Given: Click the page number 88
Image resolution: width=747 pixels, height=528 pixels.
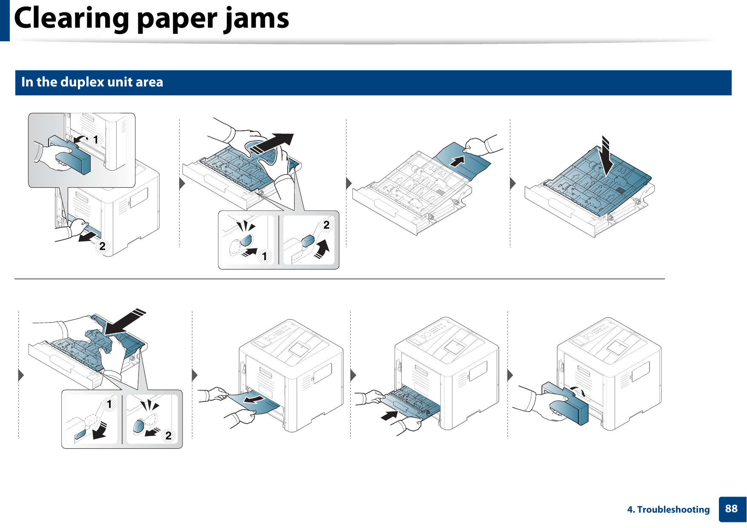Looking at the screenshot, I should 731,509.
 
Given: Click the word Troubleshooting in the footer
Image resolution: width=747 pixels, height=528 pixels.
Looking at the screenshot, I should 673,510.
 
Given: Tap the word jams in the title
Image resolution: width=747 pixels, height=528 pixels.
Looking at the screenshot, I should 257,19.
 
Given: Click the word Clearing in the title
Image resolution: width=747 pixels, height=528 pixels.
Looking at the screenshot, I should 72,19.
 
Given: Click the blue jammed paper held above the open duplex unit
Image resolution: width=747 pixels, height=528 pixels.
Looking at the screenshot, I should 462,162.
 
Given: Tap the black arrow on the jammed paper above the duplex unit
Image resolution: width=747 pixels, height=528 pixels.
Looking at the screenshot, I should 457,161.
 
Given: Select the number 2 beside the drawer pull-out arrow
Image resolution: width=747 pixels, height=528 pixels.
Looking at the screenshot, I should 102,246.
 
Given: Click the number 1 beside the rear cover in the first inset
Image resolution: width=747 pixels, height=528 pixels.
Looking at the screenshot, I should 96,140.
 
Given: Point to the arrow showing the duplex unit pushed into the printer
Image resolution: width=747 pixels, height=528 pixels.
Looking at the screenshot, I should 389,415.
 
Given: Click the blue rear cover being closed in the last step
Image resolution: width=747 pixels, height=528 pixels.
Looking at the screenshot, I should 568,405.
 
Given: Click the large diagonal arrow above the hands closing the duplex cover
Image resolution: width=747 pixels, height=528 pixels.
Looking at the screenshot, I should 125,321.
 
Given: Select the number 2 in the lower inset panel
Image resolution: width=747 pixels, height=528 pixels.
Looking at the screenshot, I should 169,436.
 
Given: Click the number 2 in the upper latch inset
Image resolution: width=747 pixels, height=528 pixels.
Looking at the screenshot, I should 326,225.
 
